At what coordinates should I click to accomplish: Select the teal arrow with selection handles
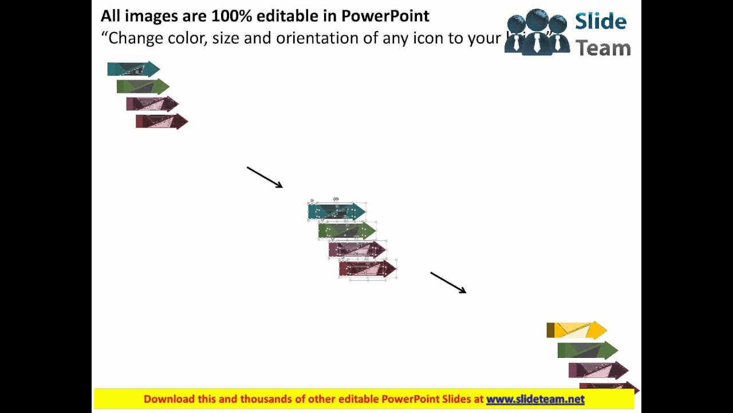point(337,212)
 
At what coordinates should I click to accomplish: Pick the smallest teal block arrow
point(133,69)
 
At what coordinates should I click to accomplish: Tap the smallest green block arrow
point(143,87)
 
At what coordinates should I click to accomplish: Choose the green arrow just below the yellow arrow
point(588,350)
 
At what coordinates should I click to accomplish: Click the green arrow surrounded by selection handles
point(347,231)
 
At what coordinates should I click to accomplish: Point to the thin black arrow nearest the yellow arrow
point(448,283)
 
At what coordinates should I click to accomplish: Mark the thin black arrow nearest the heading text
point(265,177)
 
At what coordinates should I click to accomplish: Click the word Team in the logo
point(602,48)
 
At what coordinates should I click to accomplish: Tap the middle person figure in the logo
point(537,32)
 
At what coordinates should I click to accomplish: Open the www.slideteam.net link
point(535,399)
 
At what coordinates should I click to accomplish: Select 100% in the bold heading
point(232,16)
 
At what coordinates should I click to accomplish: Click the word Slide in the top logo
point(601,22)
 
